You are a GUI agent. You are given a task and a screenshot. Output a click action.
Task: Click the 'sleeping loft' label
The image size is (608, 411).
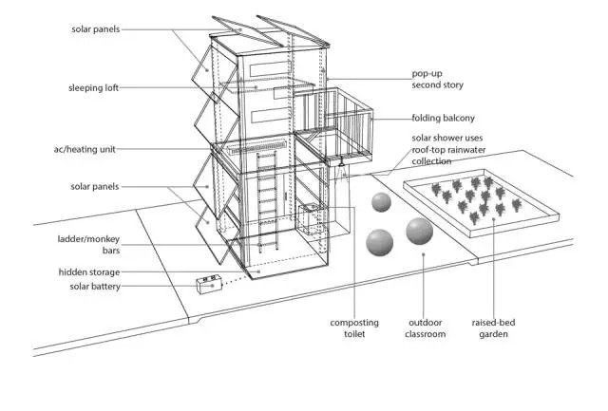click(92, 87)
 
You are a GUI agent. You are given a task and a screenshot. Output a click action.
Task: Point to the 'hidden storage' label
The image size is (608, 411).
click(88, 272)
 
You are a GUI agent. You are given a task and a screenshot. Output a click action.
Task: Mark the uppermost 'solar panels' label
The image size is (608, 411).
click(96, 29)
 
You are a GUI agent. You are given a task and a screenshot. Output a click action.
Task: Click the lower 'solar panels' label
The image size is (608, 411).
click(96, 186)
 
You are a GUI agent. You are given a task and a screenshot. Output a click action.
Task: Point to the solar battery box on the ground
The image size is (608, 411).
click(209, 285)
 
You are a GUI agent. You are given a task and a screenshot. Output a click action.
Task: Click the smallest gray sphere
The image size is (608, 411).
click(381, 202)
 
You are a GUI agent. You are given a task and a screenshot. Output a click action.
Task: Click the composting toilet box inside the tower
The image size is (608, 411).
click(312, 218)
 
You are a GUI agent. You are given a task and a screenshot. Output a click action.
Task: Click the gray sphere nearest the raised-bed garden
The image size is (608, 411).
click(419, 231)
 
